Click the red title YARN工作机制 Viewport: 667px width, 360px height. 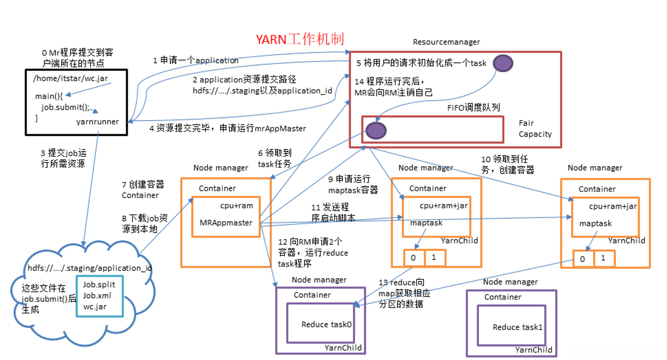coord(300,39)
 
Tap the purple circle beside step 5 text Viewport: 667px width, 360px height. coord(502,63)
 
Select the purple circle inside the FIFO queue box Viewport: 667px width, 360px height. coord(376,130)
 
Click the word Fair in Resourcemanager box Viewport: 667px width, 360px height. coord(526,123)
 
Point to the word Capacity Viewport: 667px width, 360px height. coord(535,134)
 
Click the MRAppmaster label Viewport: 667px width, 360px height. coord(226,223)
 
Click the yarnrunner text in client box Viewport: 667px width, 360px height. coord(98,122)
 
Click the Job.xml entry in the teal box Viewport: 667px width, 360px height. coord(97,296)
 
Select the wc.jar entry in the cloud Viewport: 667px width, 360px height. coord(95,307)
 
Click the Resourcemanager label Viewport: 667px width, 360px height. coord(446,42)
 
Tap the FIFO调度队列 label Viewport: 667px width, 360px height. coord(474,108)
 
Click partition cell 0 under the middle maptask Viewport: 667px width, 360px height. coord(413,258)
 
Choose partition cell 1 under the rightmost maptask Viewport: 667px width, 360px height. coord(603,258)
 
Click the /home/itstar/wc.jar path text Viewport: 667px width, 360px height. coord(71,78)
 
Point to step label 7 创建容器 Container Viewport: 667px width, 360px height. coord(143,189)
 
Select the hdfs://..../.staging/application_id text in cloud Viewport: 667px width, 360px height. coord(89,268)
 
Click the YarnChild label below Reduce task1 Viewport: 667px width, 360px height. coord(533,350)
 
